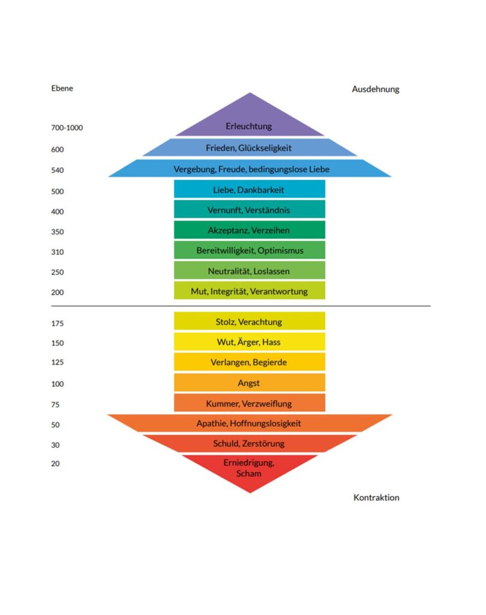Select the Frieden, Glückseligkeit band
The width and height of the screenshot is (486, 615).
[x=250, y=148]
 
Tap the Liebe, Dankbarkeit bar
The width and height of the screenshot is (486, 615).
[x=250, y=189]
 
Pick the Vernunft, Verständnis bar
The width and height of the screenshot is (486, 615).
[x=250, y=209]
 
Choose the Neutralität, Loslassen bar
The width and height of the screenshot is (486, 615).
[x=250, y=270]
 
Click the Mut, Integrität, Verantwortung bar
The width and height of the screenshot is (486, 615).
[x=250, y=290]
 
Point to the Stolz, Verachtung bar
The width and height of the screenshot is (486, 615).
[x=250, y=321]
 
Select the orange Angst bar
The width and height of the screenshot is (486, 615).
[x=250, y=383]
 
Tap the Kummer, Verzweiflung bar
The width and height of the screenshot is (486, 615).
[x=250, y=403]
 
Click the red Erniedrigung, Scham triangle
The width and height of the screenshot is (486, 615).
[x=250, y=468]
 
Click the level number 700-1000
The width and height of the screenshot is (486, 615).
[x=67, y=128]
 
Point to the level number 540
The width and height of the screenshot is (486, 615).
[x=57, y=170]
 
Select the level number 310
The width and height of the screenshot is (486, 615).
[x=57, y=252]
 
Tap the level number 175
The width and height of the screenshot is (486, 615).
[x=57, y=323]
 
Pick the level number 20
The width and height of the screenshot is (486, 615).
[x=55, y=464]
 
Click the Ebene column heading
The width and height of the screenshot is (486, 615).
[x=62, y=88]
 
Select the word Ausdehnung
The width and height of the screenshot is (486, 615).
[x=375, y=89]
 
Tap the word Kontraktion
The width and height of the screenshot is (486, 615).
[x=377, y=497]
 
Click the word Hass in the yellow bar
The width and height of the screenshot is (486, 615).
[x=271, y=342]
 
